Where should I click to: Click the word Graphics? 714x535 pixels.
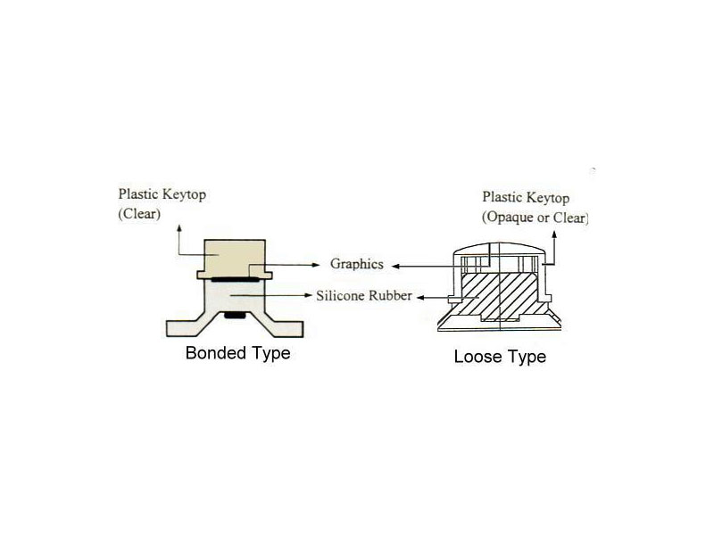356,264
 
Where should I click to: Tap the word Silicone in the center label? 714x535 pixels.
340,296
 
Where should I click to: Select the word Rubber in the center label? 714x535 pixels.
390,296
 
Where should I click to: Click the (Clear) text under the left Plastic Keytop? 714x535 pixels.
139,214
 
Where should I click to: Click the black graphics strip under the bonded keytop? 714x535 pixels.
235,278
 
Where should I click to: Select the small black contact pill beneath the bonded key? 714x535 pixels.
235,315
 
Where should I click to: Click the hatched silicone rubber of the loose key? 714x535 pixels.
500,295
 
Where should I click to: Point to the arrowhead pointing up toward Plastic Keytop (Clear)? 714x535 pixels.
179,228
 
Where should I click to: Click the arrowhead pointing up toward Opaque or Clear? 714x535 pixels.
554,235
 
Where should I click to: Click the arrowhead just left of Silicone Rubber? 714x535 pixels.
308,295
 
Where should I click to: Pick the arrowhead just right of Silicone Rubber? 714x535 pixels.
421,298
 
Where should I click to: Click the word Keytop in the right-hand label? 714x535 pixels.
548,198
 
